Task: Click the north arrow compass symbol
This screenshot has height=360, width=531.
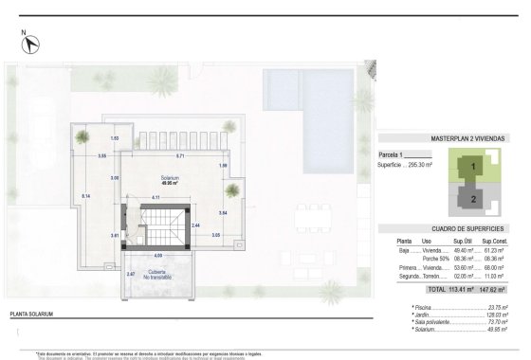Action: click(x=28, y=41)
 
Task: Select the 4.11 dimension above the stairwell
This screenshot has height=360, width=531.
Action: click(x=169, y=196)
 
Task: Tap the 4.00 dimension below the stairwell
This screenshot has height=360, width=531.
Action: click(x=159, y=255)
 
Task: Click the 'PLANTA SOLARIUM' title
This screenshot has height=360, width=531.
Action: click(x=36, y=312)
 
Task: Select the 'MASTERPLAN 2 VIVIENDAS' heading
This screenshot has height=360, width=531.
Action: click(x=454, y=137)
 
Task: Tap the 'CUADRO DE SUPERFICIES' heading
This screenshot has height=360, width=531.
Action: click(x=454, y=229)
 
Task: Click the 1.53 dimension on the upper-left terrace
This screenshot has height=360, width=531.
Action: click(x=115, y=138)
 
